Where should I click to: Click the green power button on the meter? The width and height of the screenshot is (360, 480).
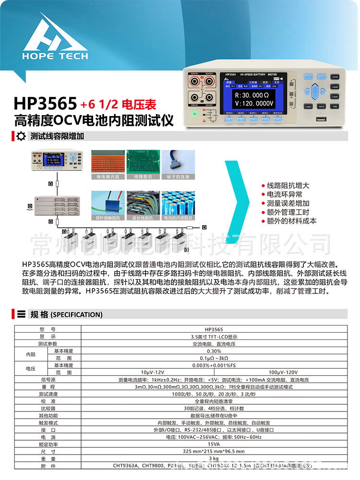point(194,114)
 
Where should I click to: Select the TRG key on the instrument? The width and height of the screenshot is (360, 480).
point(335,106)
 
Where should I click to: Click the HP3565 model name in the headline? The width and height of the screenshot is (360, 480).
point(45,103)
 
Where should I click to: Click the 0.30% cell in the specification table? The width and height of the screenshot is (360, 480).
point(214,351)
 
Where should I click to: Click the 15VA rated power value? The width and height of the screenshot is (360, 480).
point(214,444)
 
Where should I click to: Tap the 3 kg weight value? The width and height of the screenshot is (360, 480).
point(214,458)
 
